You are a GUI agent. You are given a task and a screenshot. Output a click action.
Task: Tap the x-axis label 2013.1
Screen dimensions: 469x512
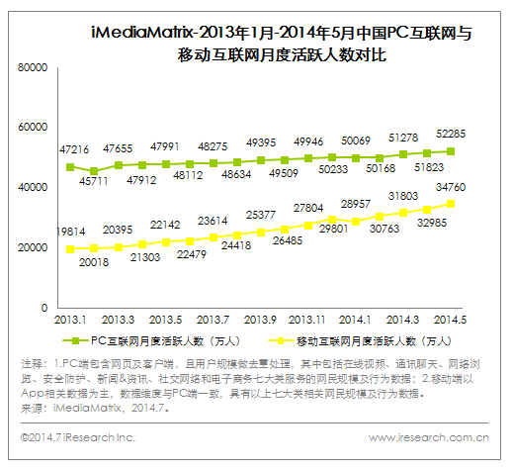coord(70,320)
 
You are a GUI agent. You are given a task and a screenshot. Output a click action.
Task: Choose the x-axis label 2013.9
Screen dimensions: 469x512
coord(260,320)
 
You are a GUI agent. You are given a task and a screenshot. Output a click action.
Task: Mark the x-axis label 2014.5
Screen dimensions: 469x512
coord(450,320)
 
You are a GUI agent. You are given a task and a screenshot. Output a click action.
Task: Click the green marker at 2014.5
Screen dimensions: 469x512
coord(450,151)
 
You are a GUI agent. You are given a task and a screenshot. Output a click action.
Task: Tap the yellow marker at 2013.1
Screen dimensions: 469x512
coord(70,248)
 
